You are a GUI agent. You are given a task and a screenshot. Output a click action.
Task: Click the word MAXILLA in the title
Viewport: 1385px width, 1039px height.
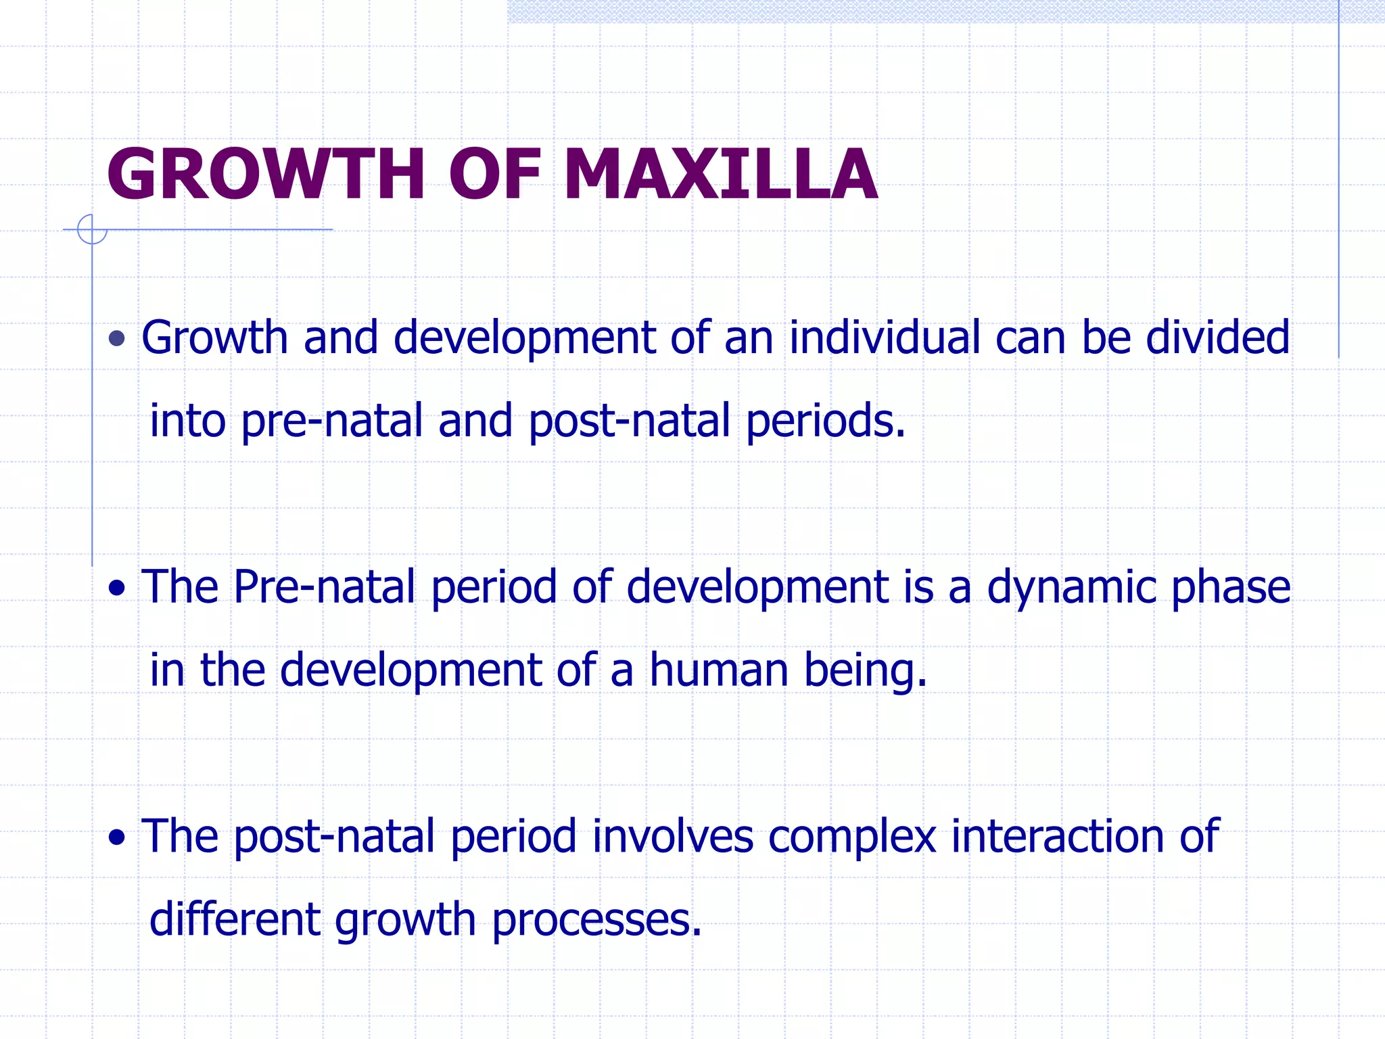[720, 176]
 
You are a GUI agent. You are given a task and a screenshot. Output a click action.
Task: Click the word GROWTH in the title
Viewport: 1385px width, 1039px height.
[266, 176]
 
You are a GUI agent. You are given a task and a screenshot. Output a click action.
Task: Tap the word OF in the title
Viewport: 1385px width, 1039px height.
[495, 176]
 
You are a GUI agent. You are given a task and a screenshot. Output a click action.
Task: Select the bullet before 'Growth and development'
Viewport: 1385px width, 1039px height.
[117, 338]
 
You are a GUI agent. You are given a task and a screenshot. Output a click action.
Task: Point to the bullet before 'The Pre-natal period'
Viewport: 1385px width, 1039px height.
[117, 588]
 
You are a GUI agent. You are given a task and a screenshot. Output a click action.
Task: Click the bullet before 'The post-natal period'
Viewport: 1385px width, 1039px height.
[117, 838]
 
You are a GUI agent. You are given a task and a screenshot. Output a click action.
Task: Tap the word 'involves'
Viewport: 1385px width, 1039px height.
[672, 837]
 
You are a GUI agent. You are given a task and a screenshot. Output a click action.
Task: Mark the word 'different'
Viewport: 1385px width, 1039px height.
[235, 920]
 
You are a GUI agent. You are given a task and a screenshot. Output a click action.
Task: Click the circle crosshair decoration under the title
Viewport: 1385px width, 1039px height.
[92, 229]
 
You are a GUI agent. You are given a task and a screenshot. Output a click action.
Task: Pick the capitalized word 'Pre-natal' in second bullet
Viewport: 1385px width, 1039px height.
[324, 587]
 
